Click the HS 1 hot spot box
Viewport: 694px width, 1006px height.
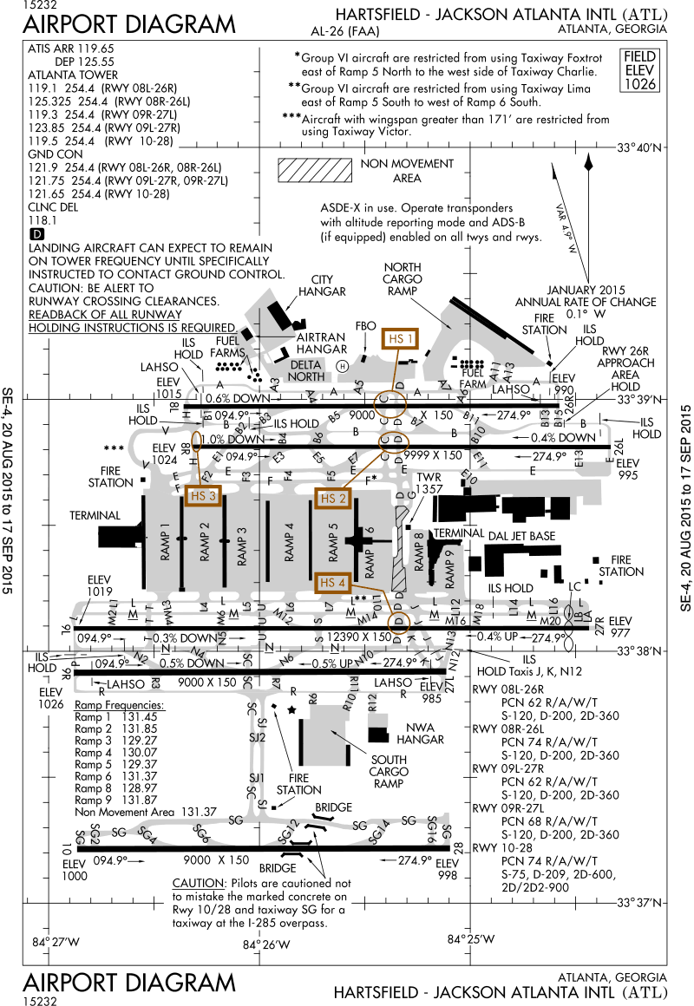click(402, 339)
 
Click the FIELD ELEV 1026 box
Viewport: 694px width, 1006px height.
click(641, 71)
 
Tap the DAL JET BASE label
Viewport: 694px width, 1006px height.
click(521, 537)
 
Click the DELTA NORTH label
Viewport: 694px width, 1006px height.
click(306, 370)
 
